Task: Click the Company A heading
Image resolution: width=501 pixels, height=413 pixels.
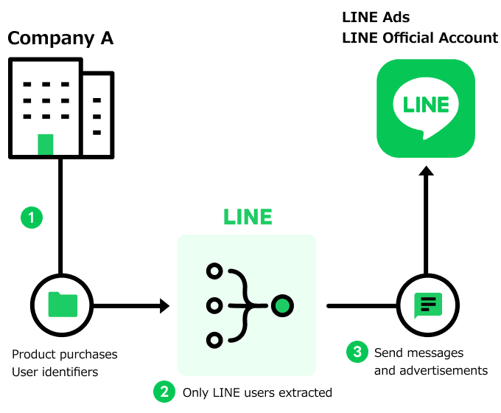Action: pos(60,38)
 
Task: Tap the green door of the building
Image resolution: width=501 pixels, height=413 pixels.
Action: pos(46,145)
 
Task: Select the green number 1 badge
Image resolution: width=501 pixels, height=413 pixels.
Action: pos(31,218)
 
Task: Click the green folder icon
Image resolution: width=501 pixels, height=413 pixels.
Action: pos(62,304)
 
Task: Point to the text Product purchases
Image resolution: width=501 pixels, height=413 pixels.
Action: pos(65,355)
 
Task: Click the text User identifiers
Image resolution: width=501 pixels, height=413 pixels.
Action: pos(55,372)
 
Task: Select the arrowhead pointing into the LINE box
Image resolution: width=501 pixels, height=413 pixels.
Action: pos(164,305)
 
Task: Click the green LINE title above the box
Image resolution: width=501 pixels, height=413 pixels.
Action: pos(248,217)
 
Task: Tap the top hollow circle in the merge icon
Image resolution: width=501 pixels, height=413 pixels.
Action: pos(214,271)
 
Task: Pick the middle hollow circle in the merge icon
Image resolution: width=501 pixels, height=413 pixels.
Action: pos(214,305)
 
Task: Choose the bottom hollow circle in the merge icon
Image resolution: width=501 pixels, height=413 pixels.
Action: pos(214,339)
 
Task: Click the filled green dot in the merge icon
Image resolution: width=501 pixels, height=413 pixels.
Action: pos(281,305)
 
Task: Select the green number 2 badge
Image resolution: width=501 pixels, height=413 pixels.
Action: pos(164,392)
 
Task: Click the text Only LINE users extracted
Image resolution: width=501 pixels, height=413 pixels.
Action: pos(257,392)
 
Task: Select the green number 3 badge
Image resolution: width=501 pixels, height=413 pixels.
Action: pos(357,353)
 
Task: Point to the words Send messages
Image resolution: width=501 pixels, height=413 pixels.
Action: pos(418,353)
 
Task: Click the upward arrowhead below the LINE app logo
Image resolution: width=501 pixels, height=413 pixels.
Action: pos(426,172)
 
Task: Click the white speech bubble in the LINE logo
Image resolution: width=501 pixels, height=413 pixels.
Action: pos(426,107)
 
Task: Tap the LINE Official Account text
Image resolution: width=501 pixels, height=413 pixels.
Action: pos(420,38)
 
